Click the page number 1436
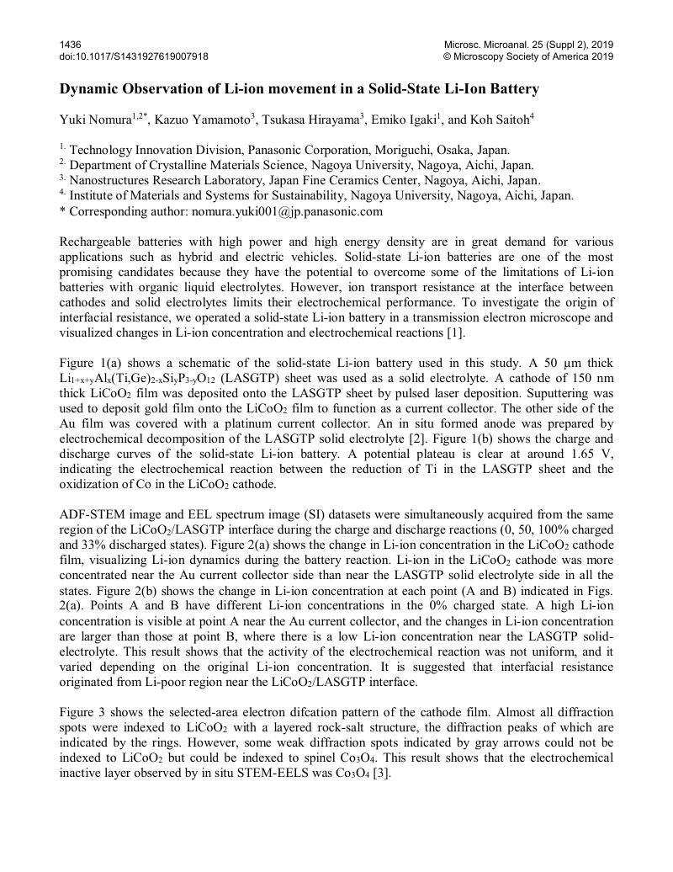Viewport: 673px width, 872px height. (x=69, y=44)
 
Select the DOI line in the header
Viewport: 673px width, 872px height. (x=134, y=56)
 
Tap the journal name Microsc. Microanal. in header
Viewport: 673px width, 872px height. (x=485, y=44)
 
